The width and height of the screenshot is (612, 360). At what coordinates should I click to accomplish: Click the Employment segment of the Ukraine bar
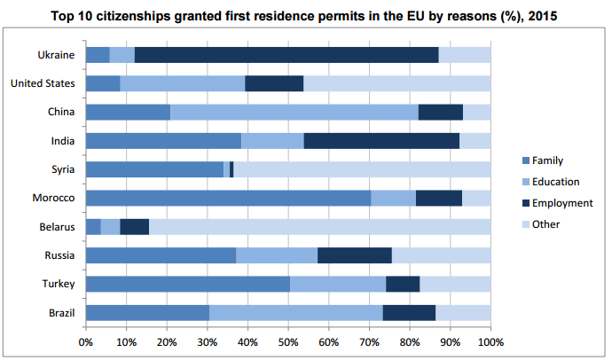point(286,55)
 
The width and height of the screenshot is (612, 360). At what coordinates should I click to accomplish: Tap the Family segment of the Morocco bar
point(228,198)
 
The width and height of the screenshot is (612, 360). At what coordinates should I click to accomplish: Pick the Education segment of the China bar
point(294,112)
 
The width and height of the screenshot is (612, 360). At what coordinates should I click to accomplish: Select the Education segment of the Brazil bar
point(295,312)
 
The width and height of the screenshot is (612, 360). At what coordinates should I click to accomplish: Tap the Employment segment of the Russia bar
point(354,255)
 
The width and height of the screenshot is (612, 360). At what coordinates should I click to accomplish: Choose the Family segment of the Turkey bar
point(188,284)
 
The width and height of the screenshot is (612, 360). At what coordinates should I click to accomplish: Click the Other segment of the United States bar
point(396,83)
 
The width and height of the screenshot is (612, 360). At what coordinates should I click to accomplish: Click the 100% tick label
point(490,341)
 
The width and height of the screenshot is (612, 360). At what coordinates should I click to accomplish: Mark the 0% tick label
point(86,341)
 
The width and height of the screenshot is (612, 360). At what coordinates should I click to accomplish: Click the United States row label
point(42,83)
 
